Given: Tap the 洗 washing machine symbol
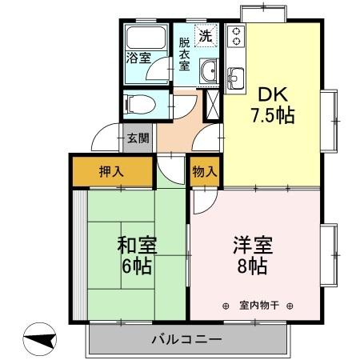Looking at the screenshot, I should [x=206, y=36].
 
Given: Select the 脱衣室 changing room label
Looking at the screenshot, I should [x=184, y=54].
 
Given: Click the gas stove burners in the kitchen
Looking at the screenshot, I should [x=237, y=36].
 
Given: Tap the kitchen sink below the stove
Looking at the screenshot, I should [x=237, y=78].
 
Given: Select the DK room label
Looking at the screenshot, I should [x=268, y=92].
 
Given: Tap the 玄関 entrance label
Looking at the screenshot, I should [x=138, y=138].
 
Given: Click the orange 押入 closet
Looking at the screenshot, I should [x=112, y=170].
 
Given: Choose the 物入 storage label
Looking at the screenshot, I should [x=204, y=170].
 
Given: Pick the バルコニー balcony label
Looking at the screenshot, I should [x=186, y=339].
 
